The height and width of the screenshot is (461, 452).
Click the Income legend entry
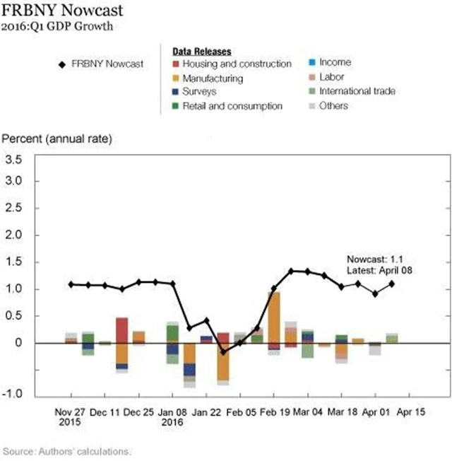(x=335, y=62)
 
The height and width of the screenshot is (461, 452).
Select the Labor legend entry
(x=331, y=77)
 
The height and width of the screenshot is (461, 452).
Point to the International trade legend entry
(x=357, y=91)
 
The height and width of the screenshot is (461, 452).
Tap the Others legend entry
(x=333, y=106)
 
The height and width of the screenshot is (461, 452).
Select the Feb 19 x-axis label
(x=273, y=412)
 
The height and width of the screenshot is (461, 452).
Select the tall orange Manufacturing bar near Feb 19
(x=274, y=317)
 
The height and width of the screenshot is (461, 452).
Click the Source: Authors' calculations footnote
(x=68, y=450)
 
